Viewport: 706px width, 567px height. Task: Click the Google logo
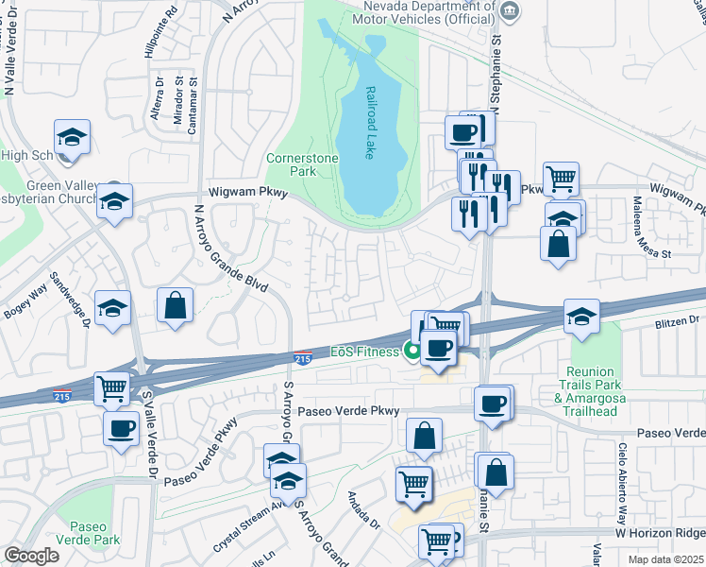tap(32, 556)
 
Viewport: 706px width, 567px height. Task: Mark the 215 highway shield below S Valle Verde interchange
tap(62, 393)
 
